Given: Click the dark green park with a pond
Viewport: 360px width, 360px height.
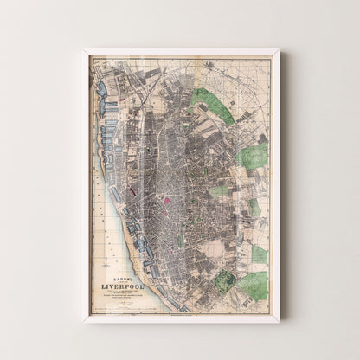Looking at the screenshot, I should (x=225, y=280).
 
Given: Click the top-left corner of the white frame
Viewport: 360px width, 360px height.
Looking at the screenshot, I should (x=83, y=49).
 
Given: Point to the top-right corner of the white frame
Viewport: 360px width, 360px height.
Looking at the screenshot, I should (x=278, y=49).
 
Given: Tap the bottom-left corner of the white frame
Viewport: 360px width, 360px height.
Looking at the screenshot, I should (x=83, y=322).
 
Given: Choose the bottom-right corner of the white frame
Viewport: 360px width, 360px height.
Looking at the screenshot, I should (x=278, y=322).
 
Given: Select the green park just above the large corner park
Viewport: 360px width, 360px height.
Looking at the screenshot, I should (x=259, y=254).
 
